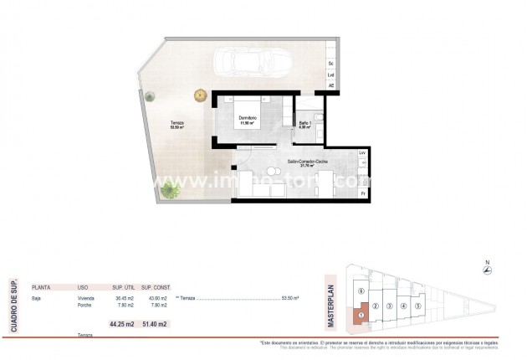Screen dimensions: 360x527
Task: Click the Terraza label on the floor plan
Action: click(x=177, y=124)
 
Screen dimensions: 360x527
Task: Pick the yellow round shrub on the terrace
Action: click(x=200, y=95)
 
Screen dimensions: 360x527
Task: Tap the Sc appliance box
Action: click(x=331, y=64)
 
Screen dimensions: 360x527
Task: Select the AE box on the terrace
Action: click(x=331, y=85)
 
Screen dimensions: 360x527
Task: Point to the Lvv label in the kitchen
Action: click(x=362, y=154)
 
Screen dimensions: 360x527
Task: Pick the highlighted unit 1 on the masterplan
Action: click(x=360, y=316)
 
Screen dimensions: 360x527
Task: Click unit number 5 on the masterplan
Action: click(x=417, y=306)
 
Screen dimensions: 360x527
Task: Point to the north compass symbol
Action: click(x=488, y=269)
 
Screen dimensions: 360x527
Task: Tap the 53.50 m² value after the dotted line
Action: click(x=290, y=299)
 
